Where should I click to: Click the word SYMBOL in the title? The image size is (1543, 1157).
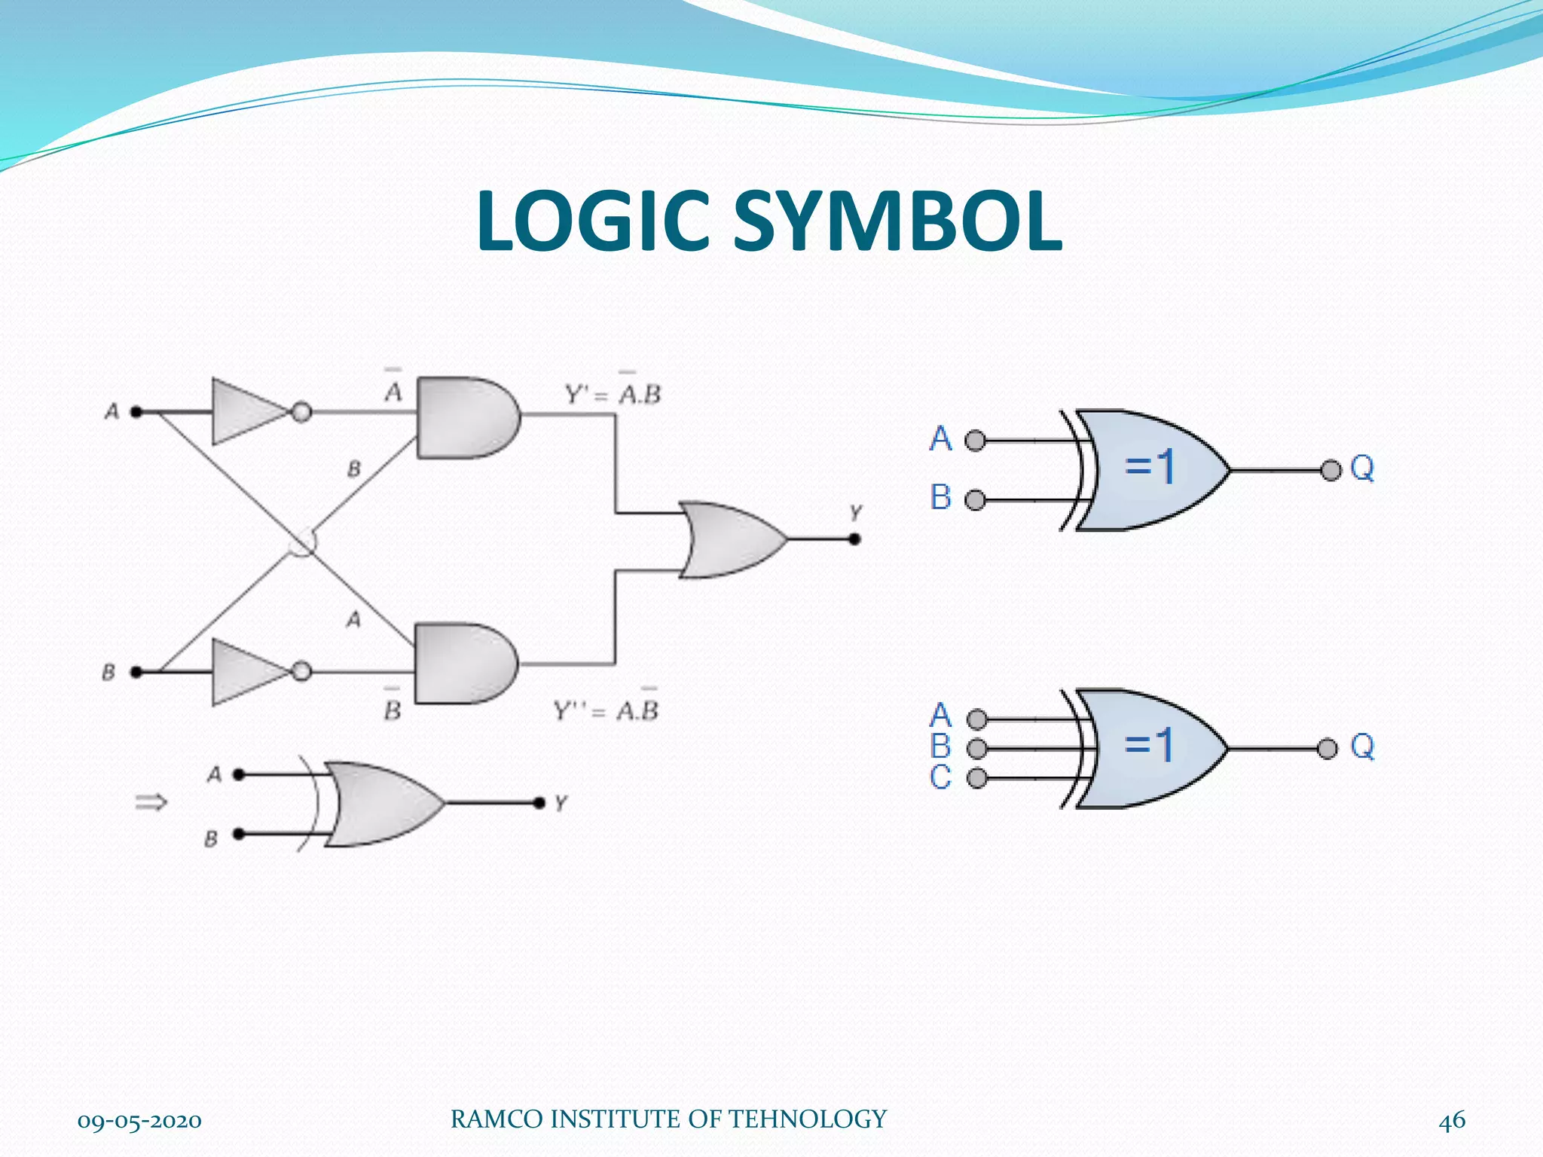click(897, 221)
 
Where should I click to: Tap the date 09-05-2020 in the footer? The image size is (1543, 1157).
click(139, 1121)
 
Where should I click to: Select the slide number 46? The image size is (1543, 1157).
click(1451, 1120)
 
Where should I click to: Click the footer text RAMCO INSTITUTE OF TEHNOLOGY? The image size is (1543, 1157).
click(668, 1119)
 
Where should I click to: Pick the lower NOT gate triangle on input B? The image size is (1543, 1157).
click(246, 671)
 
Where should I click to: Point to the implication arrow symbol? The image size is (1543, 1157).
click(151, 803)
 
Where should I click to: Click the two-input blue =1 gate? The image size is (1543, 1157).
click(1149, 470)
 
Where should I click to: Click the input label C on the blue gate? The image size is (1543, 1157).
click(940, 777)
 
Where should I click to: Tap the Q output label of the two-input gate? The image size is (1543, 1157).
click(1362, 469)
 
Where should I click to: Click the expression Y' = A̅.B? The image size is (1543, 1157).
click(613, 393)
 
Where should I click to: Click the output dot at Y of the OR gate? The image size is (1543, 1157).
click(854, 539)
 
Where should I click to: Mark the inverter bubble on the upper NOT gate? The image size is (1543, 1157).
click(301, 412)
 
